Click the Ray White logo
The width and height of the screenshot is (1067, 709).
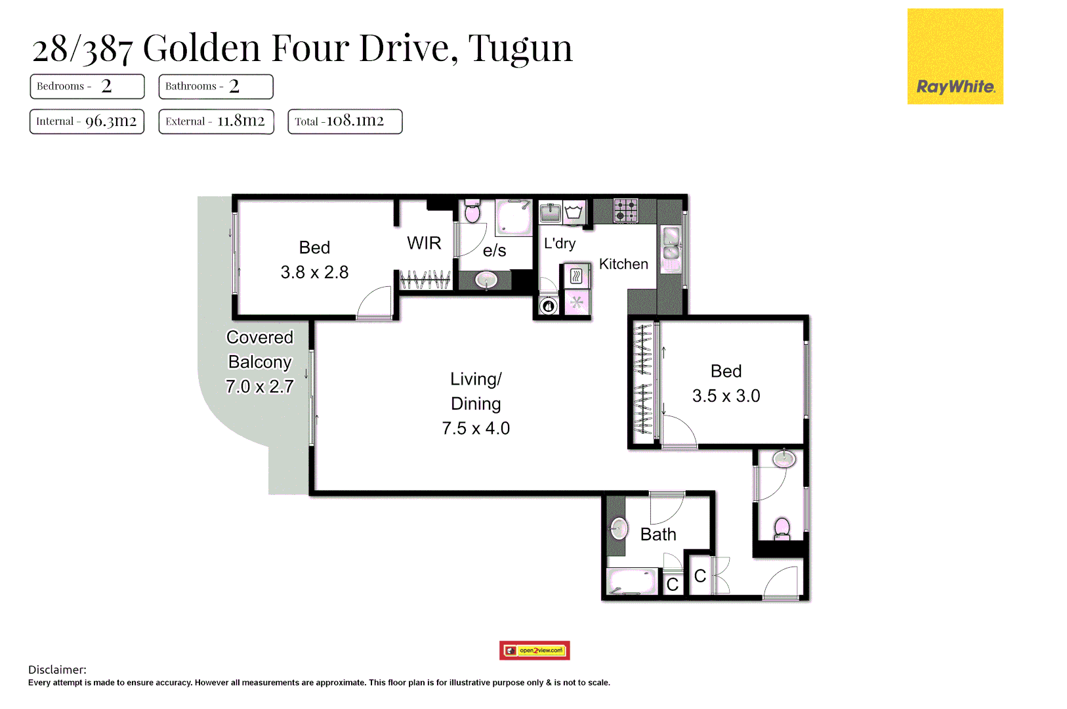point(955,56)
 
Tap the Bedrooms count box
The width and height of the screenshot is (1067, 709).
point(87,86)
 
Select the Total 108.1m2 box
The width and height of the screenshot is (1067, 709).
point(345,121)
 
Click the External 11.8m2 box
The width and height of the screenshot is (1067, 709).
point(216,121)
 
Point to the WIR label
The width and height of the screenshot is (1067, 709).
point(424,243)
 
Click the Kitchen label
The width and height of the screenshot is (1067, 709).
point(623,264)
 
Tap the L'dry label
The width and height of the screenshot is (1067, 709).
point(560,244)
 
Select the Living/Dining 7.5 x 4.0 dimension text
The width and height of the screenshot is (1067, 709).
point(476,429)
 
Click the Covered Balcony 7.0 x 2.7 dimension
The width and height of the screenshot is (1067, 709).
point(259,387)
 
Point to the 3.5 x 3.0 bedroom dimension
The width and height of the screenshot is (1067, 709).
point(726,396)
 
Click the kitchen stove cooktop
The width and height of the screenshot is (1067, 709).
point(625,211)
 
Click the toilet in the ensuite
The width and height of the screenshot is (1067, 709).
point(472,211)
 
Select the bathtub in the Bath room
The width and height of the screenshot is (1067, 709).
point(632,582)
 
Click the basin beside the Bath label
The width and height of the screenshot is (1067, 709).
point(618,527)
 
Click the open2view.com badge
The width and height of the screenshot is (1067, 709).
point(534,651)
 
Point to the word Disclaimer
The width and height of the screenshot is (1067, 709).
point(57,670)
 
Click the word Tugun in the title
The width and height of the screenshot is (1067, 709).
point(520,48)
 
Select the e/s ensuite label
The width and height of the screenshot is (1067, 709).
point(494,250)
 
